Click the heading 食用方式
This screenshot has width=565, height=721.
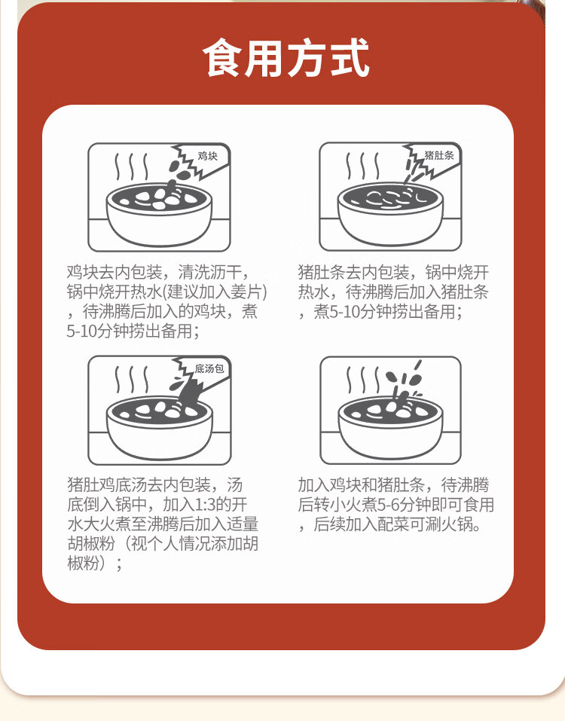286,58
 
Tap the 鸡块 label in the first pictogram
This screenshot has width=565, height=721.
207,157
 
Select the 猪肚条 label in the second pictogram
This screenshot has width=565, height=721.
439,155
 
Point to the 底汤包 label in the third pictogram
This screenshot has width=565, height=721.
209,368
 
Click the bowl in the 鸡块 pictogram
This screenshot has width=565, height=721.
159,215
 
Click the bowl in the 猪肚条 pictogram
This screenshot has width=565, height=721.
390,214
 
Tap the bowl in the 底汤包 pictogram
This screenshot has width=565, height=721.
160,428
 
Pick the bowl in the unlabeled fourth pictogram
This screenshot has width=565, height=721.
390,427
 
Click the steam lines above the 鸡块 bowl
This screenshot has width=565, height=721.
132,167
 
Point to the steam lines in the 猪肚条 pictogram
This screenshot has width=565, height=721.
362,166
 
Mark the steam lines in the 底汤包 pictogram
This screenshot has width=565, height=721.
132,380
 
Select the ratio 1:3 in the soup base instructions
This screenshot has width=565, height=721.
206,505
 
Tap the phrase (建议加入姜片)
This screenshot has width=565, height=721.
215,292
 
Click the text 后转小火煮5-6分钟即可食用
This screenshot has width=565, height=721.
395,505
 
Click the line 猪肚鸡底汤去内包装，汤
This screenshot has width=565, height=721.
155,484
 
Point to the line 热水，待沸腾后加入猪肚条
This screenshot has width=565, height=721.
393,292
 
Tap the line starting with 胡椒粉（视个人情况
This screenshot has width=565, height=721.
163,543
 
